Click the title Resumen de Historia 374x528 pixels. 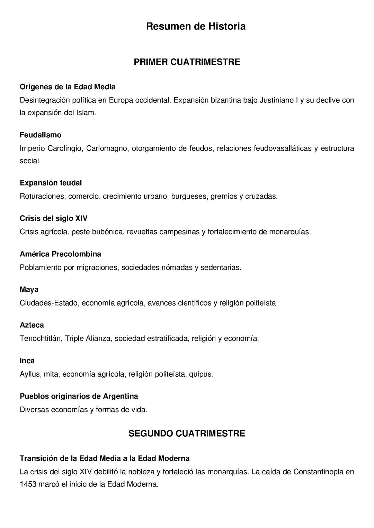[196, 26]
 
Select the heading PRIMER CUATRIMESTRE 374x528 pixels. [187, 62]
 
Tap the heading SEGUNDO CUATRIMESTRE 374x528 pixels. [187, 434]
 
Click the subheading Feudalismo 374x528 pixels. [41, 135]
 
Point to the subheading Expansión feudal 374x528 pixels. [51, 183]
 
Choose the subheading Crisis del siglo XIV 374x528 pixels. [53, 218]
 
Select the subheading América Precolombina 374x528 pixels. [60, 254]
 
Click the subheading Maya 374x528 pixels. [29, 290]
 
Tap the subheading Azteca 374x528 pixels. [32, 325]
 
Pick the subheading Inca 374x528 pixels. [27, 361]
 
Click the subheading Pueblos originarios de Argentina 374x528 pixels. [79, 396]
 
